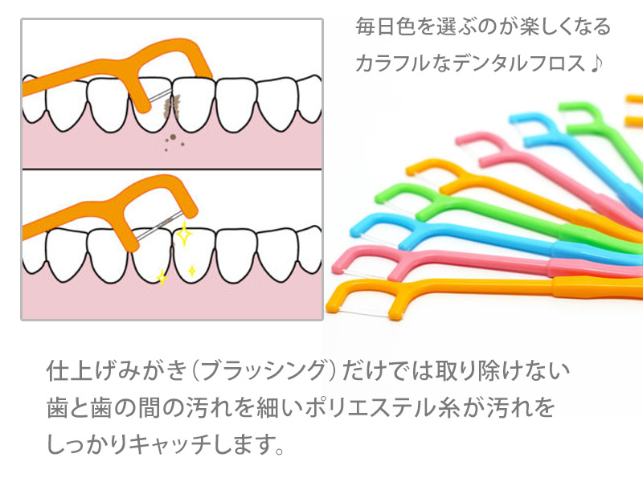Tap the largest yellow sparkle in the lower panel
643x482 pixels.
pyautogui.click(x=183, y=235)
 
